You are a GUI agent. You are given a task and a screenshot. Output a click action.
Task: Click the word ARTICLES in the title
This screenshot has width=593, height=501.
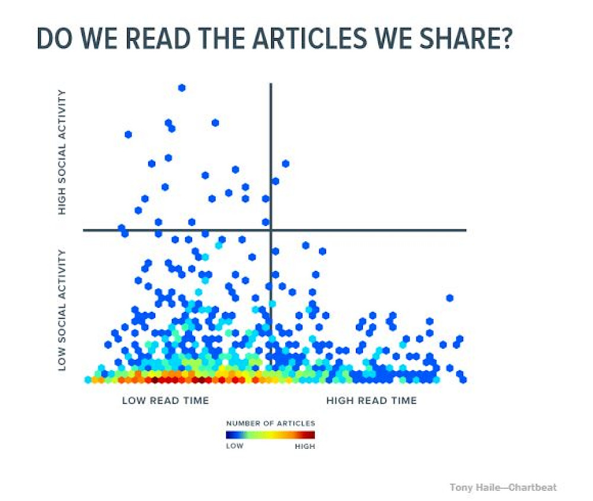pyautogui.click(x=310, y=38)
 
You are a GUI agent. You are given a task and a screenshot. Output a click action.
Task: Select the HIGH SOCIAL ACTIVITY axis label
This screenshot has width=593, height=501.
pyautogui.click(x=62, y=152)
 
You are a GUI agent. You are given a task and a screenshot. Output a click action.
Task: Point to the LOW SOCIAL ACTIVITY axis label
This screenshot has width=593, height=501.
pyautogui.click(x=62, y=310)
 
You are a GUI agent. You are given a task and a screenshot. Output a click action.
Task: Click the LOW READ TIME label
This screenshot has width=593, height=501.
pyautogui.click(x=165, y=400)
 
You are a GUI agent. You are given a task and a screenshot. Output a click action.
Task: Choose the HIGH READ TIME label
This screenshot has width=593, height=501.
pyautogui.click(x=371, y=400)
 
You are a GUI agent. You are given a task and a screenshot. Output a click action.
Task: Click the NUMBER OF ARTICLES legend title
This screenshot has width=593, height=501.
pyautogui.click(x=270, y=423)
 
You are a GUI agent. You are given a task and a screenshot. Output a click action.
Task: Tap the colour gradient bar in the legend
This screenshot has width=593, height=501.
pyautogui.click(x=270, y=435)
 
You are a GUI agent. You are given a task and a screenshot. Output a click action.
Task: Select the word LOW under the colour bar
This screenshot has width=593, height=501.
pyautogui.click(x=234, y=446)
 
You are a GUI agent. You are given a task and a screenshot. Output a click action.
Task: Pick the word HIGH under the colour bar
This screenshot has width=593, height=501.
pyautogui.click(x=305, y=446)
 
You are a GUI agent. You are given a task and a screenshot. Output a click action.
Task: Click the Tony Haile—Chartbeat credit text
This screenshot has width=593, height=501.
pyautogui.click(x=503, y=487)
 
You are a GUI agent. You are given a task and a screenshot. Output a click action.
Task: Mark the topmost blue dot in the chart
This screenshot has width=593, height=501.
pyautogui.click(x=181, y=88)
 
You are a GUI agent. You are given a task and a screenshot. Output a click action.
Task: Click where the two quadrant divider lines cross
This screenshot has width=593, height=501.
pyautogui.click(x=271, y=230)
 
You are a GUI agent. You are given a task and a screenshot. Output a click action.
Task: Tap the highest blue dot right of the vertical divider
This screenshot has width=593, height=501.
pyautogui.click(x=286, y=164)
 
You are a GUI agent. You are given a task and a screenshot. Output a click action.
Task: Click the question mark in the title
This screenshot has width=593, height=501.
pyautogui.click(x=505, y=38)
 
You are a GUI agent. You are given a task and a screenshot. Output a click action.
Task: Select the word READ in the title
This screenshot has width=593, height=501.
pyautogui.click(x=158, y=38)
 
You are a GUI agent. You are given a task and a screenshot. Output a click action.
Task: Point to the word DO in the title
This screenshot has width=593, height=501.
pyautogui.click(x=55, y=38)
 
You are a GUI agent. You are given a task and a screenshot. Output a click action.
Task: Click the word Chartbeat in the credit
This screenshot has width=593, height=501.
pyautogui.click(x=533, y=487)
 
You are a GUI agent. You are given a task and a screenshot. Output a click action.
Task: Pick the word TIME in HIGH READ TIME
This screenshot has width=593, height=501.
pyautogui.click(x=403, y=400)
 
